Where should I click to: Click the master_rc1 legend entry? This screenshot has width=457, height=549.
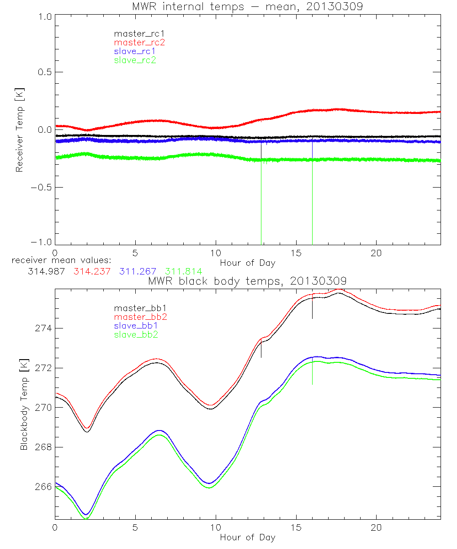point(135,33)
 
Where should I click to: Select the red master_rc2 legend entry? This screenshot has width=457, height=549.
point(139,42)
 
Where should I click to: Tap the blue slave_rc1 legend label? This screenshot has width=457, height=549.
point(135,51)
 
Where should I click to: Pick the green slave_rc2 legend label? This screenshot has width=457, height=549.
point(135,60)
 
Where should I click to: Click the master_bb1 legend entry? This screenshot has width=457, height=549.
point(138,308)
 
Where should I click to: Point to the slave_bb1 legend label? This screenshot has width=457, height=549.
point(135,326)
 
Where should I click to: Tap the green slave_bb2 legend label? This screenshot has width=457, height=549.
point(135,335)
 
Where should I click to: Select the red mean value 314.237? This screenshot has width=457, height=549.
point(90,271)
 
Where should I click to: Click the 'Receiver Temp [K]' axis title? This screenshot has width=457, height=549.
point(19,130)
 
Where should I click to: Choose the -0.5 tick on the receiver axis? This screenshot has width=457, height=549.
point(40,188)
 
